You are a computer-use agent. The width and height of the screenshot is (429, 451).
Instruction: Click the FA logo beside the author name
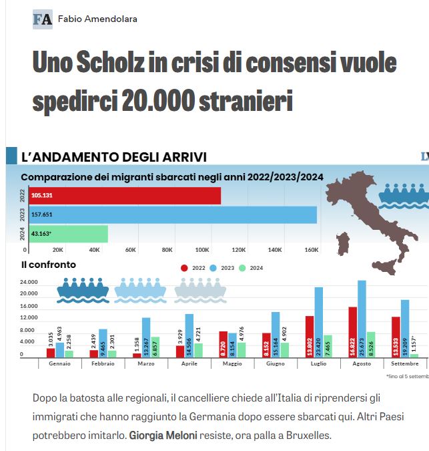click(x=43, y=19)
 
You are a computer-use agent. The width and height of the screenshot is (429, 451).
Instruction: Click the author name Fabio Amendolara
click(x=97, y=19)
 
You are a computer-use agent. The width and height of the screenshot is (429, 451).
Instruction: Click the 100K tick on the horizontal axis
click(x=203, y=250)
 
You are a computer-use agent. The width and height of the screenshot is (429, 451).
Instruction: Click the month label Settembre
click(x=405, y=363)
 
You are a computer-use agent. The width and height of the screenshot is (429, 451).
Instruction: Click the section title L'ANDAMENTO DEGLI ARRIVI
click(x=114, y=157)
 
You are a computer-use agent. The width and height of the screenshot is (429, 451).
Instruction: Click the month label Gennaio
click(x=59, y=363)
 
